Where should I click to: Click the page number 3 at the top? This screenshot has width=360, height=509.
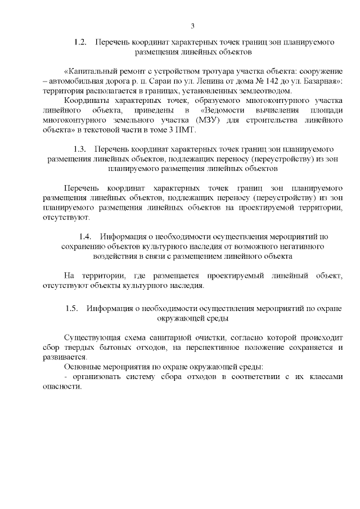click(x=192, y=26)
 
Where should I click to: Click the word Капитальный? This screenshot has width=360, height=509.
click(x=92, y=72)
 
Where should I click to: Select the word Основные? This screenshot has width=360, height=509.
click(x=82, y=366)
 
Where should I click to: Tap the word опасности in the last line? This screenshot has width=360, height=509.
click(x=61, y=385)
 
